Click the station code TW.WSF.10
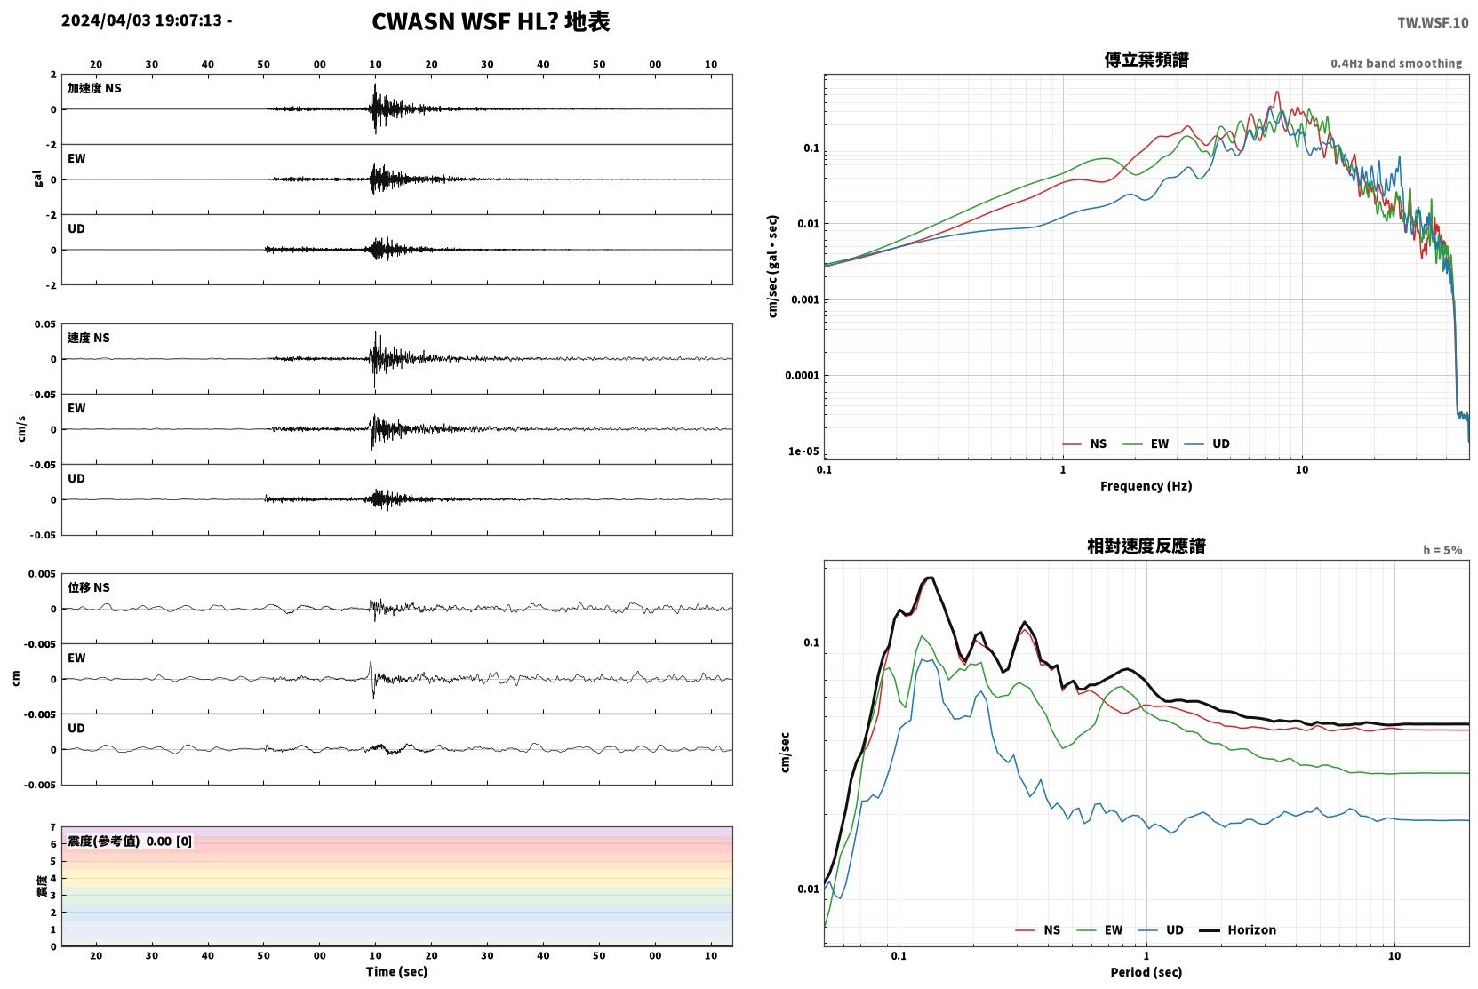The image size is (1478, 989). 1433,23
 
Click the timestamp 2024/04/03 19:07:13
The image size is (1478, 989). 142,20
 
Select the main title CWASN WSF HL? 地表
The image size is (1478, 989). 491,22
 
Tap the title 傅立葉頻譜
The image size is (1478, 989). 1146,60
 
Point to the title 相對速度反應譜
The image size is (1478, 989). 1146,546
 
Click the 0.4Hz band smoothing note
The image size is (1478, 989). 1396,63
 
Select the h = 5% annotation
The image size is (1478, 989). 1442,550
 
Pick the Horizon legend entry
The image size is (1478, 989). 1237,930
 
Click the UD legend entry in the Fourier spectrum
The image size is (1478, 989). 1207,444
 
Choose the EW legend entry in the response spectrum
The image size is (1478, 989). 1099,930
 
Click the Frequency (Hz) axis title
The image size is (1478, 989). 1146,486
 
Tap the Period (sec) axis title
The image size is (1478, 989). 1146,972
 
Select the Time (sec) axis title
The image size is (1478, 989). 396,972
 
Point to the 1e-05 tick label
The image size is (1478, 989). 803,451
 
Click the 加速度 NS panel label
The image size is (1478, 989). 94,88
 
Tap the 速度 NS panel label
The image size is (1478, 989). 88,338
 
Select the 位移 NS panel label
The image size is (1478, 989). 88,587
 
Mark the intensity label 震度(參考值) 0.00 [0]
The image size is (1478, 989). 130,841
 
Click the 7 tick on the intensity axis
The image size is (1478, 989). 53,827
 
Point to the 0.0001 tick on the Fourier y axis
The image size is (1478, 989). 802,375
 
